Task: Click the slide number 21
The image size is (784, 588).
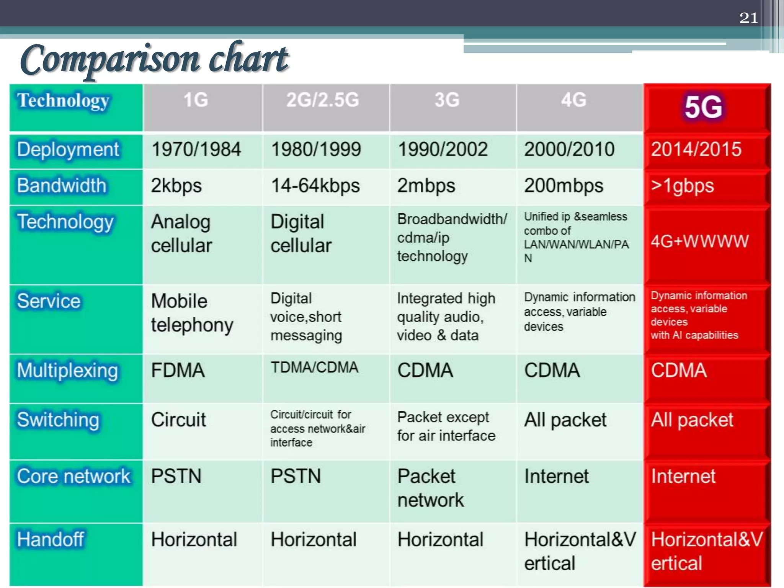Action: [x=748, y=18]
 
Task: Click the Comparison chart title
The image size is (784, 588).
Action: [x=154, y=59]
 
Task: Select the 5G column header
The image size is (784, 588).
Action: [x=704, y=107]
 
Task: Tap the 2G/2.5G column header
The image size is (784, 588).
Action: [x=323, y=100]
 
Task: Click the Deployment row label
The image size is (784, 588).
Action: [x=68, y=150]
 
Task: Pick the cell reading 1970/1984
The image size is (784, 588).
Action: [x=196, y=149]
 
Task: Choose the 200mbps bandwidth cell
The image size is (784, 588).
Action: [x=563, y=186]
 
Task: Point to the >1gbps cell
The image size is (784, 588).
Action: [x=683, y=186]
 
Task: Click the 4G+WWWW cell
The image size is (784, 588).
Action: [x=699, y=242]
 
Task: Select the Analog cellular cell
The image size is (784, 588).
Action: [x=181, y=234]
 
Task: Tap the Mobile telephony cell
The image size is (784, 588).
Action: [x=192, y=313]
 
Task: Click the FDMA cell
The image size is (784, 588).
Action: [x=178, y=371]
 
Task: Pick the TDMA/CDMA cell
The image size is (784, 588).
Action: [x=314, y=367]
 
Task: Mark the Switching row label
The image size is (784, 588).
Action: [x=58, y=420]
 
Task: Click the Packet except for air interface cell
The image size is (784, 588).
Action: [x=446, y=426]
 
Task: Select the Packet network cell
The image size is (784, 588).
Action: [x=430, y=488]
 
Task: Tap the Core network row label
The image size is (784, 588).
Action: [x=73, y=477]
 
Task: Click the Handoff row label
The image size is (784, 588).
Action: [x=50, y=540]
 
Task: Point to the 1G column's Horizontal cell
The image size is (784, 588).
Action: [x=194, y=540]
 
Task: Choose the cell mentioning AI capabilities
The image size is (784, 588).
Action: [x=699, y=315]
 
